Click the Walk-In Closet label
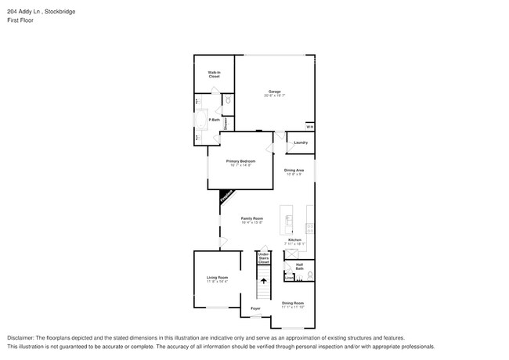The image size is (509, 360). point(214,74)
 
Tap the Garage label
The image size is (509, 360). point(274,92)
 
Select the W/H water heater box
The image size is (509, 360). point(309,127)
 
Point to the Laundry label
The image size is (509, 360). point(301,142)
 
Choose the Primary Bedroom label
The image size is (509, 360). point(242,160)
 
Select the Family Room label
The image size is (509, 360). point(251,218)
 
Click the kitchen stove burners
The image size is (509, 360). point(310,229)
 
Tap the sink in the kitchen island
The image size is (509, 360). point(289,219)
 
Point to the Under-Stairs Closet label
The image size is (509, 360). point(264,258)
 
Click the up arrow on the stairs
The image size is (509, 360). point(264,279)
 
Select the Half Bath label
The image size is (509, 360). point(300,267)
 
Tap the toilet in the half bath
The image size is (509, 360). point(310,275)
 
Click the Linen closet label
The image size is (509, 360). point(289,278)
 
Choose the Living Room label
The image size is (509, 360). point(217,278)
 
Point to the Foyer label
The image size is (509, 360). point(255,308)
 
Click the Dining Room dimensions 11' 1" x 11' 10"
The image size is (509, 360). point(293,306)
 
